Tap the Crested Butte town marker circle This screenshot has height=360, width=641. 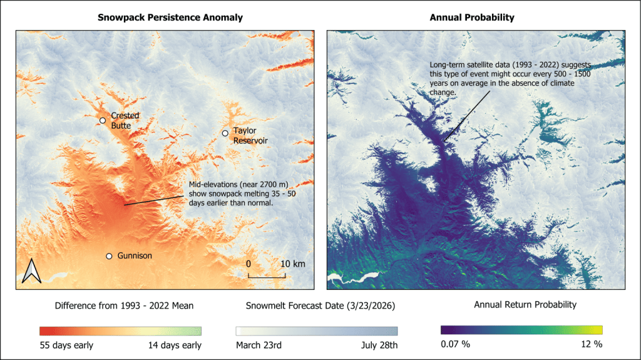point(103,120)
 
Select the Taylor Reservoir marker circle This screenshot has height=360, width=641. point(225,133)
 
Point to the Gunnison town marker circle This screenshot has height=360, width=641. point(109,256)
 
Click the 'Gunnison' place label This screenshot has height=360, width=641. point(134,256)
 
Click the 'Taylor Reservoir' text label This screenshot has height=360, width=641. point(250,136)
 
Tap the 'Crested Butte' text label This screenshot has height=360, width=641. point(125,120)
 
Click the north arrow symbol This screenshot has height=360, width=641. point(31,271)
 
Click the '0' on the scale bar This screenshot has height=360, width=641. point(249,264)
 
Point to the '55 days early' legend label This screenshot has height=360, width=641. point(66,345)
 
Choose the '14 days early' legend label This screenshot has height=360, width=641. point(176,345)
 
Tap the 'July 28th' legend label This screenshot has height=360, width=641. point(378,345)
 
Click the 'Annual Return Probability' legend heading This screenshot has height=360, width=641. point(525,306)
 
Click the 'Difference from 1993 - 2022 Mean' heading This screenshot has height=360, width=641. point(125,306)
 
